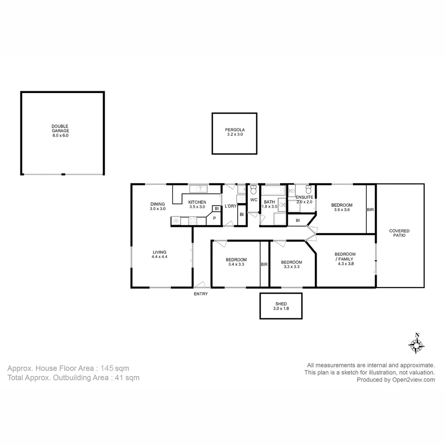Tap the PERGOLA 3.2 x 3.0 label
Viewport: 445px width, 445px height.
pyautogui.click(x=235, y=132)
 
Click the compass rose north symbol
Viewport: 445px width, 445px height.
pyautogui.click(x=417, y=344)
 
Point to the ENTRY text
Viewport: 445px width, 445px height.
pyautogui.click(x=201, y=294)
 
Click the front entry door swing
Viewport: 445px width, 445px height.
pyautogui.click(x=200, y=284)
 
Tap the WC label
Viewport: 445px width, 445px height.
pyautogui.click(x=254, y=200)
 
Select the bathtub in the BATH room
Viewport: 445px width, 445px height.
pyautogui.click(x=273, y=190)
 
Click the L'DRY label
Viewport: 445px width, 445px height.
pyautogui.click(x=230, y=206)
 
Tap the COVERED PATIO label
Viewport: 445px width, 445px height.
pyautogui.click(x=399, y=233)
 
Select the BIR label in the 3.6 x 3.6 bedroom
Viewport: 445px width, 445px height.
pyautogui.click(x=370, y=210)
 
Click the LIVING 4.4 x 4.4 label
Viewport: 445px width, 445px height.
pyautogui.click(x=159, y=254)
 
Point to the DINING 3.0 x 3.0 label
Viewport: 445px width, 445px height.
pyautogui.click(x=157, y=206)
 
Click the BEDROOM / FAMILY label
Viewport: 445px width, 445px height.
pyautogui.click(x=345, y=259)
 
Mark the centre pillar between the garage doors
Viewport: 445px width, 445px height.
pyautogui.click(x=63, y=174)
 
